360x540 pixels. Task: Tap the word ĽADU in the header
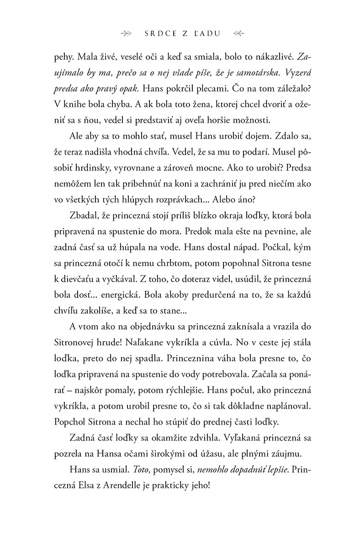pos(209,33)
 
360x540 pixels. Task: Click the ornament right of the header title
pos(238,33)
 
